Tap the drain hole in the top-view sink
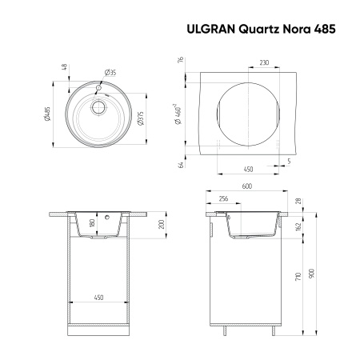pyautogui.click(x=99, y=106)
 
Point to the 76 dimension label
pyautogui.click(x=182, y=60)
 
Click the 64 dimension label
pyautogui.click(x=182, y=164)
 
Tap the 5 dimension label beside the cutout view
pyautogui.click(x=290, y=162)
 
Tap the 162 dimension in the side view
pyautogui.click(x=298, y=227)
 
